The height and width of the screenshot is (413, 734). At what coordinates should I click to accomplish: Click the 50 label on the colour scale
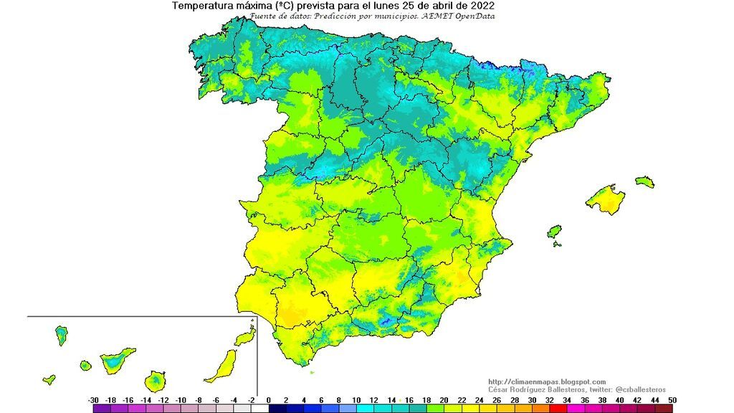coord(672,400)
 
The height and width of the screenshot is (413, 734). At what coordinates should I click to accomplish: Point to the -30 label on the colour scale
coord(93,400)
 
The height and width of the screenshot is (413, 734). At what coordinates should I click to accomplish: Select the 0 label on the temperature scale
coord(269,400)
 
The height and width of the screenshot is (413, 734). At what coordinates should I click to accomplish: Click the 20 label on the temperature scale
coord(444,400)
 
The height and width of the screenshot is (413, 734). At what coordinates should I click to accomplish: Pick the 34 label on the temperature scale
coord(567,400)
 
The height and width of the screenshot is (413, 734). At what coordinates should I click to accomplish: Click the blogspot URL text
coord(546,381)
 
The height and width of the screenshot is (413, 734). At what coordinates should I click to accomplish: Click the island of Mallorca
coord(606,199)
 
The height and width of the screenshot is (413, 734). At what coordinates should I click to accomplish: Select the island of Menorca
coord(644,181)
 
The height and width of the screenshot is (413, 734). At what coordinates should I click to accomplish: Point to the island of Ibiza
coord(554,232)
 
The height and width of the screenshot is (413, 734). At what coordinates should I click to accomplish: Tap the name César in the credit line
coord(499,389)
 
